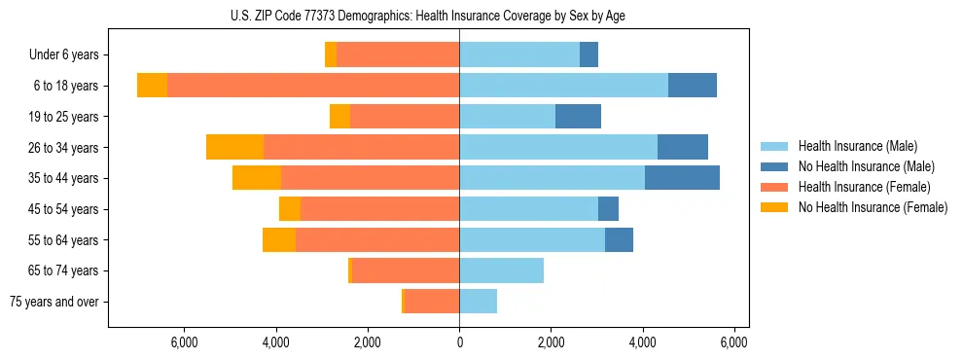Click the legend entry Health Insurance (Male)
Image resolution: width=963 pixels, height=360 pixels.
tap(866, 146)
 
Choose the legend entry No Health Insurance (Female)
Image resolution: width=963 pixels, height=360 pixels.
tap(872, 207)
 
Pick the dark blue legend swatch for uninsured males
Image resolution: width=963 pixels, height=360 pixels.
tap(774, 166)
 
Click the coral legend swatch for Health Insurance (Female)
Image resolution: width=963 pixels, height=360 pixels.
tap(774, 187)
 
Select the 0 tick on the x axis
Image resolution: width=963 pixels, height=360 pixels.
tap(459, 342)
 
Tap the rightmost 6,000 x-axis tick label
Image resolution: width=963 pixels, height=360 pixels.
tap(734, 342)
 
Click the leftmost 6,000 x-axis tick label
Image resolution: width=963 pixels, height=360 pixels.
tap(184, 342)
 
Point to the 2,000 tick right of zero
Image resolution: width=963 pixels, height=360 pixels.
tap(551, 342)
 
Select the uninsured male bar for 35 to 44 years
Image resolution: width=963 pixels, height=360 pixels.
tap(682, 178)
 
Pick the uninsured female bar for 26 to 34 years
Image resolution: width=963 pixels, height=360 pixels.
tap(234, 147)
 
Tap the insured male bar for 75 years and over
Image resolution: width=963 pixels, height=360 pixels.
tap(478, 302)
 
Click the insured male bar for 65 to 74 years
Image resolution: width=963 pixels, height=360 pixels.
tap(501, 270)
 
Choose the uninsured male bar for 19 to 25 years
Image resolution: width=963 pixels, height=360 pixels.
tap(578, 117)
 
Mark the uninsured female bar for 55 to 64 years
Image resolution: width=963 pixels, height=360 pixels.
tap(279, 239)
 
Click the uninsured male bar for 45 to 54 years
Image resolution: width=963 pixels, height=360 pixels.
tap(608, 209)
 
